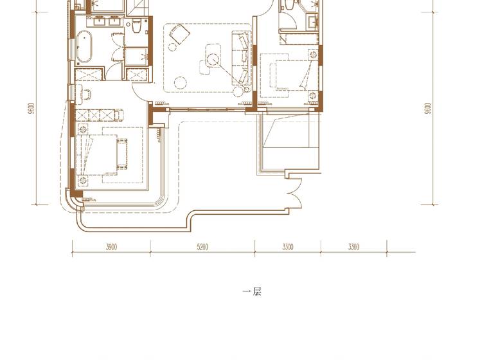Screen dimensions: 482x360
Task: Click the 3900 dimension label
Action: [x=111, y=247]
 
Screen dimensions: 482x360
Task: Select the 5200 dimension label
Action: [x=202, y=247]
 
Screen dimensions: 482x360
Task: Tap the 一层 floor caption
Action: [x=252, y=291]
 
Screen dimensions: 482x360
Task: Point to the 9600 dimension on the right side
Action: [x=428, y=108]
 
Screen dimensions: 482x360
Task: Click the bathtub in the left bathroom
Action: [x=84, y=47]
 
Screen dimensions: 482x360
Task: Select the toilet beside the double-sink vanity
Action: [x=136, y=26]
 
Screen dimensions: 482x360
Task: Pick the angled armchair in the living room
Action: [x=179, y=34]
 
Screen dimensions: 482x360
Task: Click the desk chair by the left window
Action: [x=86, y=94]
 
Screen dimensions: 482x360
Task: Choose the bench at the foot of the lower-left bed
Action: [x=122, y=154]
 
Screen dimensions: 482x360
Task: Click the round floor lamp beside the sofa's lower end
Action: [x=238, y=92]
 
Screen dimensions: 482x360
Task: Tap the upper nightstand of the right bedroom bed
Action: [x=313, y=55]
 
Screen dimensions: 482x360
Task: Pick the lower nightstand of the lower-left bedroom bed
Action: [x=82, y=181]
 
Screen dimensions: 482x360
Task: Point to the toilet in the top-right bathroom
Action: [x=289, y=4]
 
